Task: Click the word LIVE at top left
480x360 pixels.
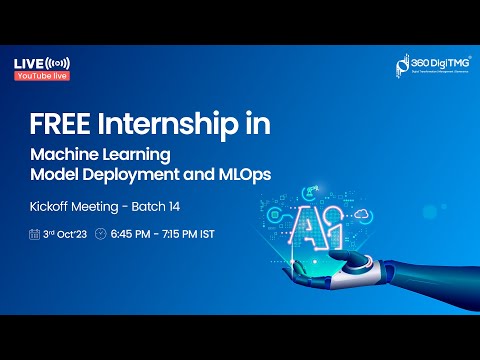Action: [x=28, y=64]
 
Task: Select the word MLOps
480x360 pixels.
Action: [x=243, y=174]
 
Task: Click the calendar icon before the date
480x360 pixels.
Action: [x=36, y=235]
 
